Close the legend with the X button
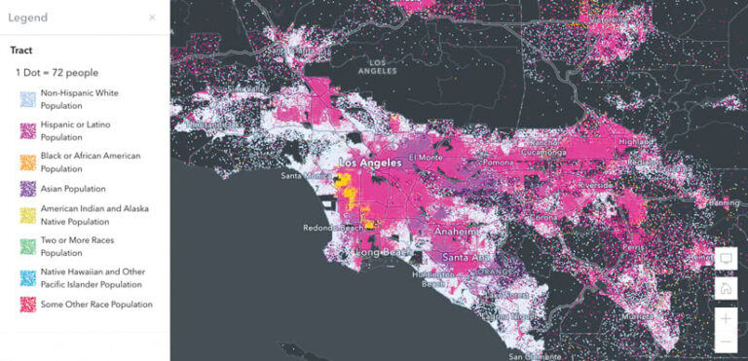[x=152, y=18]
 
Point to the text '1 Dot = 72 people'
[x=56, y=73]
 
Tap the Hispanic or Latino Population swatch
[x=26, y=130]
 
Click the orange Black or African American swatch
[x=26, y=162]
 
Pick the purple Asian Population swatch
[x=26, y=189]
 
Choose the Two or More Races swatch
[x=26, y=246]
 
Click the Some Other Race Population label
[x=96, y=305]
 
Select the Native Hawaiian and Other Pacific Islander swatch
[x=26, y=278]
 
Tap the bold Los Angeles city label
[x=369, y=163]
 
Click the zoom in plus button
[x=725, y=318]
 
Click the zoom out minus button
[x=725, y=343]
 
